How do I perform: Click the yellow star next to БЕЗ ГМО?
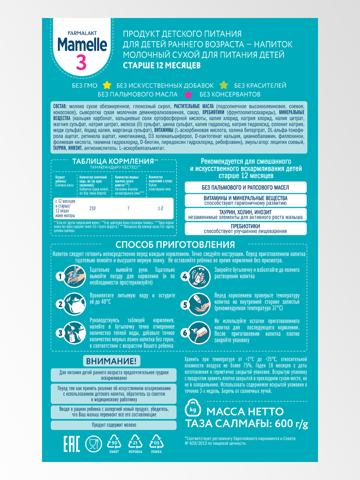pos(107,85)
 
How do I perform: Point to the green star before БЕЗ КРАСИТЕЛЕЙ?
pos(224,85)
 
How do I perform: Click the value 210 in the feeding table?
pos(92,208)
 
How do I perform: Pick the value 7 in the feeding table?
pos(128,208)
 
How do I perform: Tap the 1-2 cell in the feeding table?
pos(160,208)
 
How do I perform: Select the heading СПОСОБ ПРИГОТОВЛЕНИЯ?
pos(175,244)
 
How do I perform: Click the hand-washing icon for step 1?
pos(75,276)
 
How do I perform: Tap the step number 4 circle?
pos(185,276)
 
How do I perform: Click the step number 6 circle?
pos(185,333)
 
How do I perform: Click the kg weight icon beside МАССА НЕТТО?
pos(192,410)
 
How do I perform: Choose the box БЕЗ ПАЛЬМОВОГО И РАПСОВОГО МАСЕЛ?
pos(246,187)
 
